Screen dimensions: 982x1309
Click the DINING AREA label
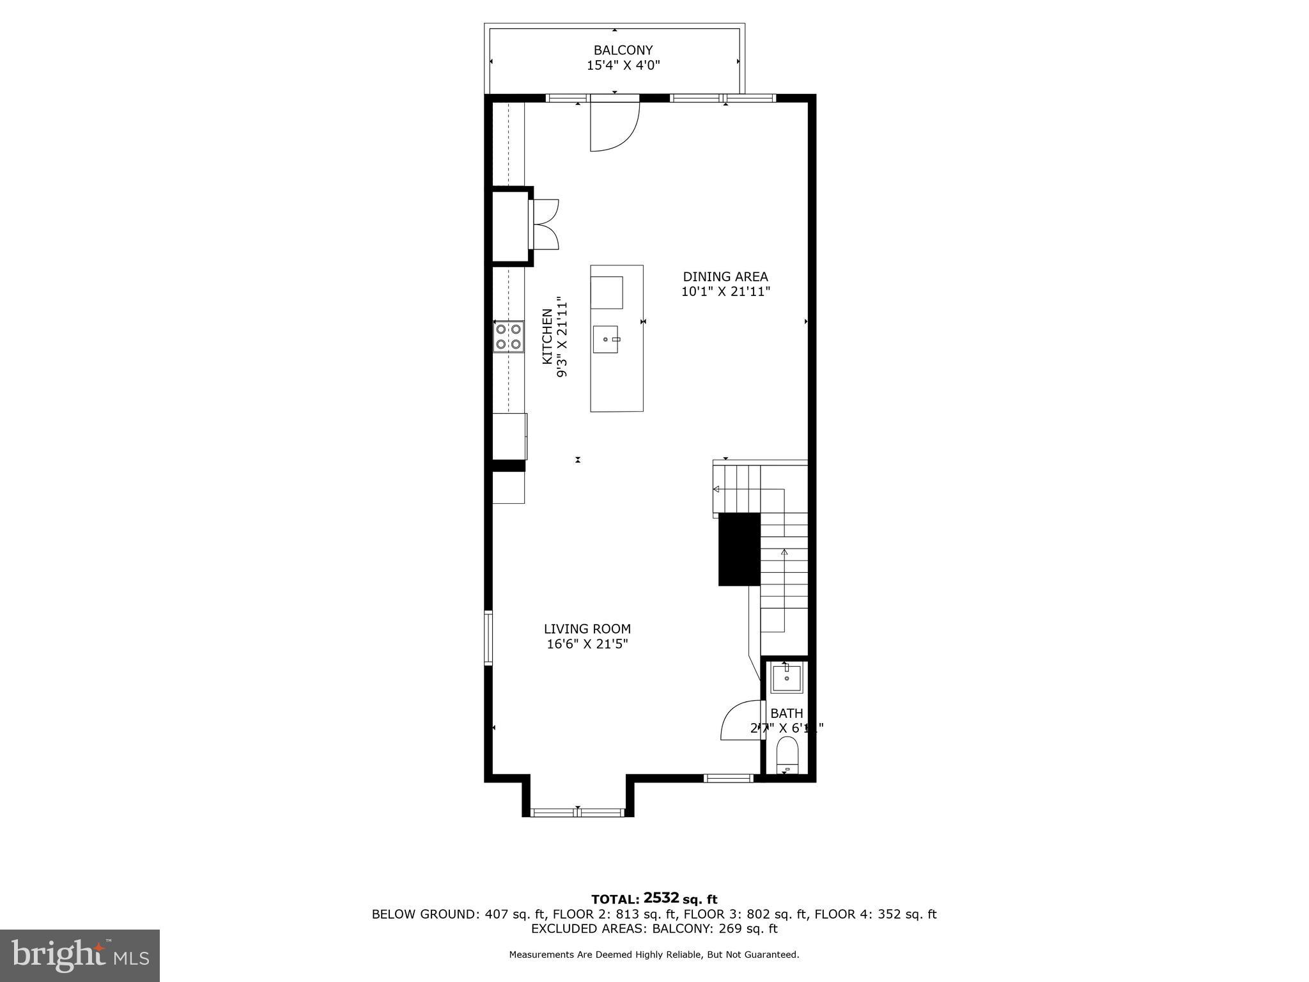(x=725, y=277)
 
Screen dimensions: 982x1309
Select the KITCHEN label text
(x=548, y=337)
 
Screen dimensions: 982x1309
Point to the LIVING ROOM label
(x=587, y=629)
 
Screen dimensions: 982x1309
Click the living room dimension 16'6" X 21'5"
(x=587, y=644)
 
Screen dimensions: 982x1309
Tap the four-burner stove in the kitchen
(x=508, y=337)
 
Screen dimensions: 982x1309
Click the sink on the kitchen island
(x=605, y=339)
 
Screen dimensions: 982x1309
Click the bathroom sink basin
(x=786, y=679)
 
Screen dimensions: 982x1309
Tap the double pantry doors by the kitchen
(x=545, y=224)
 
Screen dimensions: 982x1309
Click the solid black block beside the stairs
(x=739, y=549)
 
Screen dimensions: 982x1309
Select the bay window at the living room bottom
(x=578, y=812)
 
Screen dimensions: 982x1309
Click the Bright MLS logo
(x=80, y=955)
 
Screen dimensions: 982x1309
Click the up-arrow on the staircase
(x=784, y=552)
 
